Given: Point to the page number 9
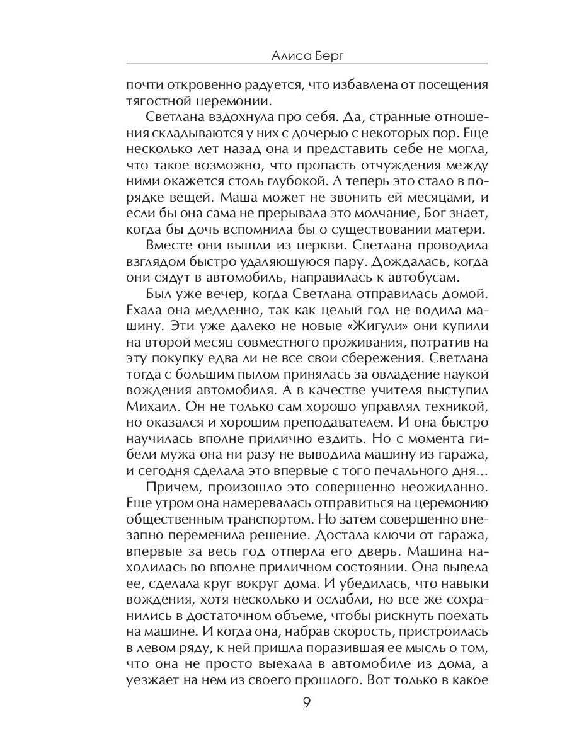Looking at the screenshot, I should [307, 703].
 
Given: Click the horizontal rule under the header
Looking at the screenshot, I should [307, 64].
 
